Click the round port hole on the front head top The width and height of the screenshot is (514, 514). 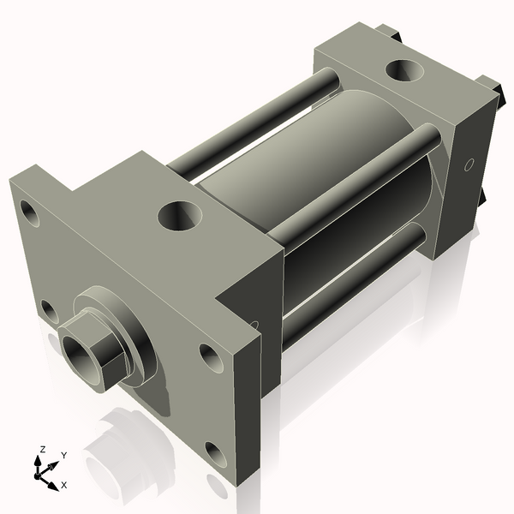pyautogui.click(x=180, y=215)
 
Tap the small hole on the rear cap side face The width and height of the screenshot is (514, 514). pyautogui.click(x=469, y=164)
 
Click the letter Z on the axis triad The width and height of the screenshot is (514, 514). pyautogui.click(x=42, y=450)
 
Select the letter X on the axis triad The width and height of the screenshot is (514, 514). pyautogui.click(x=64, y=485)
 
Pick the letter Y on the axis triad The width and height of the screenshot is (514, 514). pyautogui.click(x=64, y=456)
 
